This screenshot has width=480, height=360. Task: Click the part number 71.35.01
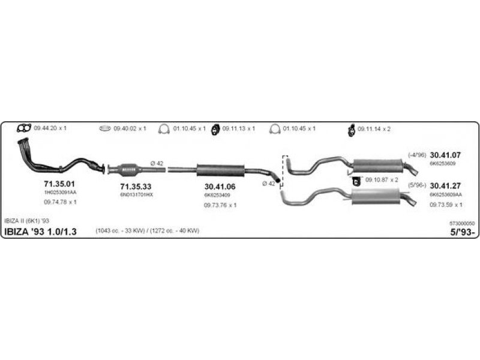tap(59, 183)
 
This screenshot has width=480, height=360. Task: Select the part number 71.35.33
tap(136, 187)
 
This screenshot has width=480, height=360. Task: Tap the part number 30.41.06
tap(220, 187)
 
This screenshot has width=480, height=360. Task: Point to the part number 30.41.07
tap(445, 155)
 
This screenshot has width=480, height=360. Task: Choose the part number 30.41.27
tap(446, 186)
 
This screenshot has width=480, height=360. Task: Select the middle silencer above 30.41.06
tap(220, 170)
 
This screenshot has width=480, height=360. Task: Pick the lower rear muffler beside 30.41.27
tap(376, 196)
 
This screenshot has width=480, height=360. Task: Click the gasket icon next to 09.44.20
tap(24, 128)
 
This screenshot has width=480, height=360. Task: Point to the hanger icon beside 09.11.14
tap(351, 128)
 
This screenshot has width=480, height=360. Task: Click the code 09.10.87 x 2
tap(382, 179)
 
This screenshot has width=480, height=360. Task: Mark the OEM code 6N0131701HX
tap(137, 195)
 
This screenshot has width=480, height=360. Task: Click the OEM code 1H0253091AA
tap(60, 192)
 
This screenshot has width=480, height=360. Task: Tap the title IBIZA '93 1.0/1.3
tap(41, 232)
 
